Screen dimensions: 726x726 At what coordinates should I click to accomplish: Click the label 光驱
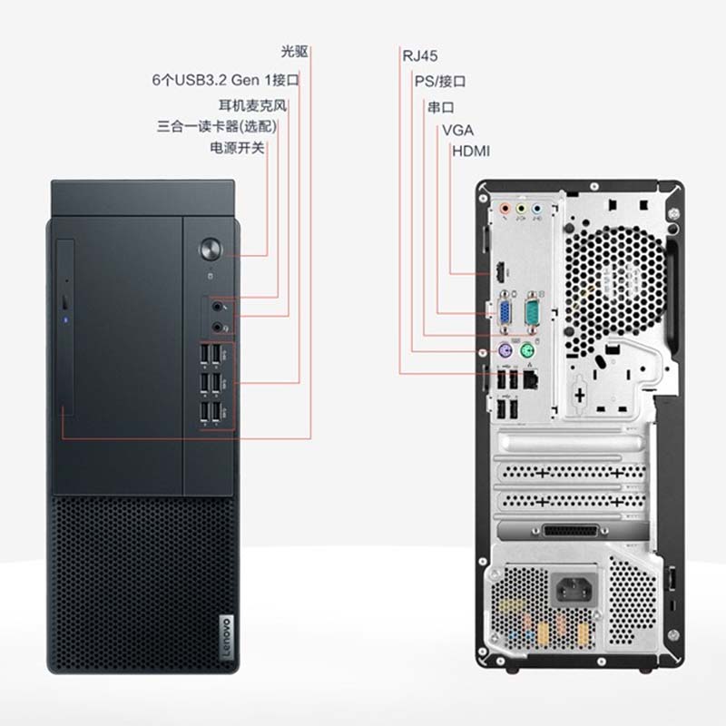point(295,51)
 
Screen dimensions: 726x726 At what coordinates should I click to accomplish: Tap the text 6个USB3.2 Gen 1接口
point(225,79)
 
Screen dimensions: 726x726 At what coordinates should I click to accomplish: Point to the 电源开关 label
point(237,147)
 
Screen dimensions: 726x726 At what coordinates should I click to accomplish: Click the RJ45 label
point(420,54)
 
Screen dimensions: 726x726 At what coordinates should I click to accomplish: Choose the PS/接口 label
point(440,81)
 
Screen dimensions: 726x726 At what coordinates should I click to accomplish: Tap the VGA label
point(457,130)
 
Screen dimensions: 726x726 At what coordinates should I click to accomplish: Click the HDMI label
point(472,151)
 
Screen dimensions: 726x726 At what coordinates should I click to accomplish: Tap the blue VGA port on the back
point(500,313)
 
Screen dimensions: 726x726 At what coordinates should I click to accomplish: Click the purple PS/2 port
point(501,350)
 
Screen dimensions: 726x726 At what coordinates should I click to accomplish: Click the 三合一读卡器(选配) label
point(217,126)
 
